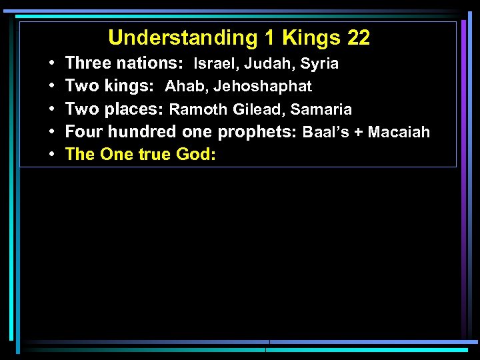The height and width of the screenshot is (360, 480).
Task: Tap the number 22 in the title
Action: coord(358,38)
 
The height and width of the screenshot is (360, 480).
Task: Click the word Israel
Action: coord(211,64)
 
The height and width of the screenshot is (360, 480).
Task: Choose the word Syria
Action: coord(319,64)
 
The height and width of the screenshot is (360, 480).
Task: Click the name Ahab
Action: coord(186,87)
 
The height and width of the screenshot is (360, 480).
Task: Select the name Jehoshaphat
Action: coord(262,87)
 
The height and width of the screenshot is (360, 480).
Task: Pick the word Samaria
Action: coord(321,109)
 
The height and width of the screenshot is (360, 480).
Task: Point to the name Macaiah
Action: coord(399,132)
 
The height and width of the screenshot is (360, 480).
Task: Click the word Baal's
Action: coord(326,132)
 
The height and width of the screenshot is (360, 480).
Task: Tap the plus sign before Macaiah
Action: coord(359,132)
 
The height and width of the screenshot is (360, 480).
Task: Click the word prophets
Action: coord(257,132)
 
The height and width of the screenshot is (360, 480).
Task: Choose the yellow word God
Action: coord(196,155)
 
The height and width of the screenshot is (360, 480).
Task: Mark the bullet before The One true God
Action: coord(51,155)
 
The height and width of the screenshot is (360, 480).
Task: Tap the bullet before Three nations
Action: coord(51,64)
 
